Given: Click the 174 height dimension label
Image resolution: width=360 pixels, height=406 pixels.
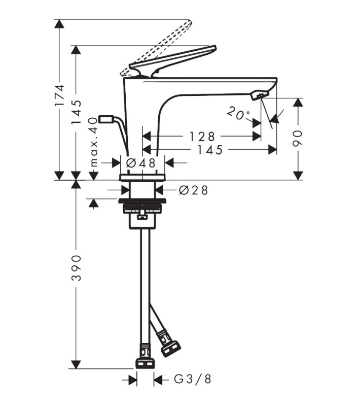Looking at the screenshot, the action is (59, 95).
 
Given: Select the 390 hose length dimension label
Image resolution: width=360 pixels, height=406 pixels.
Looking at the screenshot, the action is (76, 268).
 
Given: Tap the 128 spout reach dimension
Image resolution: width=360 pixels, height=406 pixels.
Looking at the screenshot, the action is (202, 137).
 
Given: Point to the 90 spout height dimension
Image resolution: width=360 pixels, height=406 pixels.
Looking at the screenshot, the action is (298, 139).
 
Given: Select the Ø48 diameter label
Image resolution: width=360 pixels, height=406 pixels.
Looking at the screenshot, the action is (141, 163).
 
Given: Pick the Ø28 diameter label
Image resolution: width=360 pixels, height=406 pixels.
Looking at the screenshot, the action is (194, 190).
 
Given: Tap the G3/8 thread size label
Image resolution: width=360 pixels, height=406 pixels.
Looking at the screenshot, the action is (193, 379).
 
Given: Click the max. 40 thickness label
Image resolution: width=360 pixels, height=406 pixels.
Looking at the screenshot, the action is (94, 142).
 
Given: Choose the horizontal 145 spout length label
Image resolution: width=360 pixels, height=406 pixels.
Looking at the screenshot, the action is (210, 150).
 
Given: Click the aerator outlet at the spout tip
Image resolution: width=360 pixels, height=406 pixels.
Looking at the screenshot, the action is (259, 95).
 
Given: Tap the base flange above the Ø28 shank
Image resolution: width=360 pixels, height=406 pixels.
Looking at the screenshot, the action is (142, 177).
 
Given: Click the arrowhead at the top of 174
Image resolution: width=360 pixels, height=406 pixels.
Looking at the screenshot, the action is (59, 24).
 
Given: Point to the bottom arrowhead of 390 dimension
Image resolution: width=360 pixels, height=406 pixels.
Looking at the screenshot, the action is (76, 364).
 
